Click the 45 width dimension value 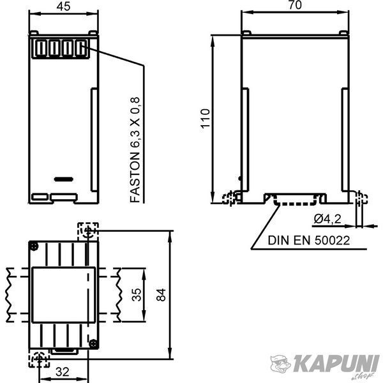(x=63, y=6)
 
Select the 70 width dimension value (x=295, y=5)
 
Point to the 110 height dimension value (x=206, y=118)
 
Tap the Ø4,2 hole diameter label (x=327, y=219)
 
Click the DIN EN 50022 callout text (x=309, y=241)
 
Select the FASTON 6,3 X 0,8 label (x=135, y=150)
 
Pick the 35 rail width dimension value (x=137, y=295)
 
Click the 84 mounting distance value (x=161, y=295)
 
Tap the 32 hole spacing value (x=63, y=372)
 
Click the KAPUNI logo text (x=334, y=364)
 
